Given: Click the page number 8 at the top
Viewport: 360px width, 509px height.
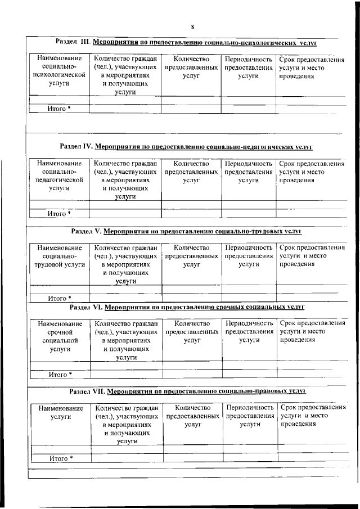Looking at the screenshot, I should coord(192,27).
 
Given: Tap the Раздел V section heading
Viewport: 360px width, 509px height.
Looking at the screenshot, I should coord(187,231).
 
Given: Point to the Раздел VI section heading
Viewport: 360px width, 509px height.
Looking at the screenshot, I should coord(187,308).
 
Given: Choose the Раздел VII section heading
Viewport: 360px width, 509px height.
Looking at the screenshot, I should coord(187,389).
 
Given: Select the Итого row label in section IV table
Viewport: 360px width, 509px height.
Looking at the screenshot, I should coord(59,214).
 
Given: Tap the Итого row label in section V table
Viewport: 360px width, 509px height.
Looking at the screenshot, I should coord(60,298).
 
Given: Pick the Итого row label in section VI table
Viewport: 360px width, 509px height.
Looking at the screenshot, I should coord(60,374).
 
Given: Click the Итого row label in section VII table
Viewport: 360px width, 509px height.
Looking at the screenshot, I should coord(61,458).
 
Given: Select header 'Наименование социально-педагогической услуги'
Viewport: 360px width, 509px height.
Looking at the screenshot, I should coord(59,176).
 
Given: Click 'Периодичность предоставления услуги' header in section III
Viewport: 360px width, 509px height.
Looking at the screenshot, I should coord(248,67).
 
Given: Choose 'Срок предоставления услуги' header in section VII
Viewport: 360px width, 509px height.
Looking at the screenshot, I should coord(312,416).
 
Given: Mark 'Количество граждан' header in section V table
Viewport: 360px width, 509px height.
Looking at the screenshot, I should coord(125,264).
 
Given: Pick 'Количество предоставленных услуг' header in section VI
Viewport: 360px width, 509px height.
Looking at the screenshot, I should coord(192,332).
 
